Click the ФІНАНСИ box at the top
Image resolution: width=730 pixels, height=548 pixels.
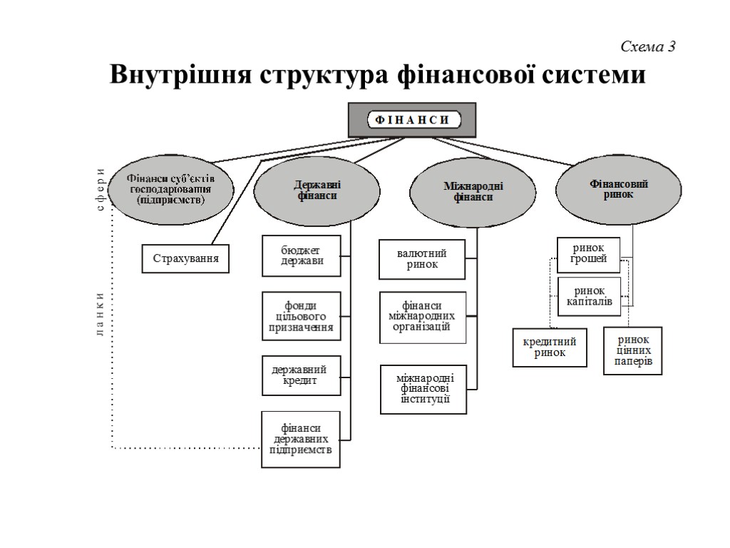coord(411,120)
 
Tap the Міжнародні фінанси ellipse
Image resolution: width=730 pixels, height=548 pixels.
coord(473,191)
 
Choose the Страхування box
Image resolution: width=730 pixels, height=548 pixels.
coord(186,259)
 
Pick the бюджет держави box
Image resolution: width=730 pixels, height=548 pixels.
coord(301,255)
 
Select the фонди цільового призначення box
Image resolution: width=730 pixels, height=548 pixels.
coord(301,316)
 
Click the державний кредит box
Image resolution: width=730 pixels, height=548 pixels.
coord(299,375)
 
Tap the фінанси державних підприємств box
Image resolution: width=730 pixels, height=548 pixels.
coord(301,440)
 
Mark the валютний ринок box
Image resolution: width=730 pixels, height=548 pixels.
coord(423,259)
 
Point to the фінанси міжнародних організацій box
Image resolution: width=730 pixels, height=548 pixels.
coord(423,316)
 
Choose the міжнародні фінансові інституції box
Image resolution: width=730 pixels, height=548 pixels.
coord(423,390)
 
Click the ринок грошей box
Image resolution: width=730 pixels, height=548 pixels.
coord(588,253)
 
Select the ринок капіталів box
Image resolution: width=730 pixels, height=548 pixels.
coord(589,296)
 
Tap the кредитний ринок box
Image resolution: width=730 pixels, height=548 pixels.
coord(550,347)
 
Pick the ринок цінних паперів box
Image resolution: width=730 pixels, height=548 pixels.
coord(633,350)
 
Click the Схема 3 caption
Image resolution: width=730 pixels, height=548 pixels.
coord(647,47)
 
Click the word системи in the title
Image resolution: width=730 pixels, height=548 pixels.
coord(595,75)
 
